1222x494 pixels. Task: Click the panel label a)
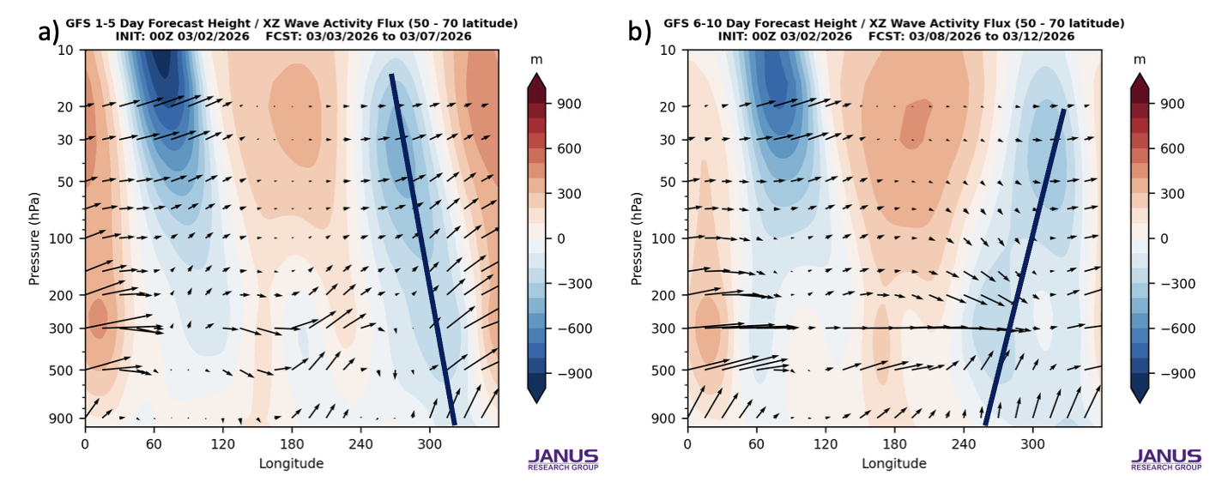click(x=48, y=33)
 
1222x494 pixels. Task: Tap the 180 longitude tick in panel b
click(x=894, y=446)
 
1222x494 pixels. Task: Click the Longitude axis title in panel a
click(x=291, y=463)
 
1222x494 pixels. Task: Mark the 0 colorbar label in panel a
click(x=562, y=238)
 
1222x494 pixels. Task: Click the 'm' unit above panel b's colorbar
click(x=1140, y=59)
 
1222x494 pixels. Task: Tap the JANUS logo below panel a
click(x=563, y=458)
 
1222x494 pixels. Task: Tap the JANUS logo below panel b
click(x=1165, y=458)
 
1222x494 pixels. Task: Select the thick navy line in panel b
click(x=1025, y=266)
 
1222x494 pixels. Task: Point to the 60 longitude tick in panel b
click(x=756, y=446)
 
